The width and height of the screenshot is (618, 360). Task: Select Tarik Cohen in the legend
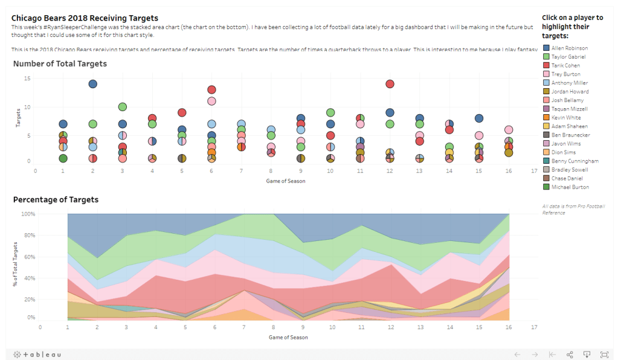(x=565, y=65)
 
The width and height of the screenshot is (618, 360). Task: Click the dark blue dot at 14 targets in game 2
(x=93, y=84)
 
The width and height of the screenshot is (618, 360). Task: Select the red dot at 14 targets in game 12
(x=390, y=84)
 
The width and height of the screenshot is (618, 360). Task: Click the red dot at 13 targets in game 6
(x=211, y=90)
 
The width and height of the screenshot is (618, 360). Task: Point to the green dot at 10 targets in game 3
(x=123, y=107)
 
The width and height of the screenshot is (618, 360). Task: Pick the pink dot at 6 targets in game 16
(x=509, y=130)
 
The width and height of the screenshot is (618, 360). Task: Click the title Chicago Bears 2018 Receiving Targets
(x=85, y=18)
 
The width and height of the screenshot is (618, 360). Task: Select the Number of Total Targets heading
(x=60, y=63)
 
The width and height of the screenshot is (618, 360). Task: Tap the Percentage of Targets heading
(x=56, y=199)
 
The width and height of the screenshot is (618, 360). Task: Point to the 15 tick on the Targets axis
(x=27, y=79)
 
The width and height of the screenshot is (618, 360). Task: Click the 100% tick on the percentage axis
(x=28, y=214)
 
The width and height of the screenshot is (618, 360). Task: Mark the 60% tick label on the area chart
(x=30, y=256)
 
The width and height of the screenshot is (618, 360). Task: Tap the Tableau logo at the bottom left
(x=37, y=355)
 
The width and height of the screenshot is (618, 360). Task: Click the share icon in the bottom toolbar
(x=570, y=355)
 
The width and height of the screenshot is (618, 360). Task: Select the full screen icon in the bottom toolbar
(x=604, y=355)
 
